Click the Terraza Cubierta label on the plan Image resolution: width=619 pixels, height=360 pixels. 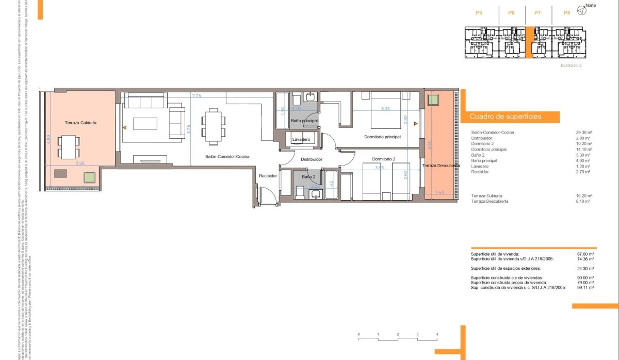[x=81, y=123]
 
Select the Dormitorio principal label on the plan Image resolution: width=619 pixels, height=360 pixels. [x=382, y=137]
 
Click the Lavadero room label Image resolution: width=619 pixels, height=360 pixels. [x=301, y=140]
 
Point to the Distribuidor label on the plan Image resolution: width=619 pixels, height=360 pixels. [x=312, y=159]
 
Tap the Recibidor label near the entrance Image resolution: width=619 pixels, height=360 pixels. [x=268, y=176]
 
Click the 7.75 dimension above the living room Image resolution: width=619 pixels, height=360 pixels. [x=197, y=96]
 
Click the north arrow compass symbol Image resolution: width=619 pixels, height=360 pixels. [x=582, y=10]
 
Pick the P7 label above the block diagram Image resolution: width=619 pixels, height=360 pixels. [x=537, y=12]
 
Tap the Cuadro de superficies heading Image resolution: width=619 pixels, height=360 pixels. [x=506, y=117]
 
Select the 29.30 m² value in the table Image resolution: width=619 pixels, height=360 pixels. [x=584, y=133]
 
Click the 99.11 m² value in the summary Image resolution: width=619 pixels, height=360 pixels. [x=585, y=287]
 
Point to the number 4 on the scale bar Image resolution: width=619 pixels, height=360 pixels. [x=437, y=335]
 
